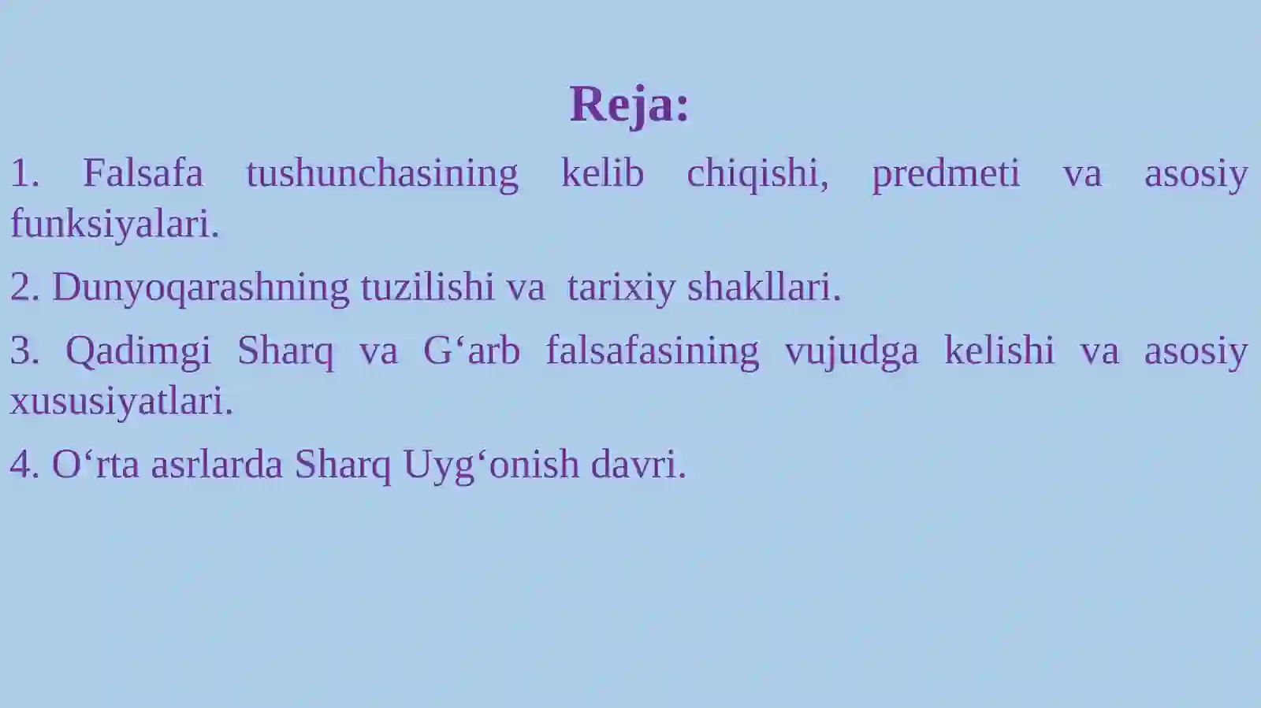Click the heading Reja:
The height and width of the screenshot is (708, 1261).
pyautogui.click(x=629, y=104)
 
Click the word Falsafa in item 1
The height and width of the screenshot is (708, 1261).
pyautogui.click(x=143, y=173)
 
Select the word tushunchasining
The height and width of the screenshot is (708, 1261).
pyautogui.click(x=381, y=173)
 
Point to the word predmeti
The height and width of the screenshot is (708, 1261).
pyautogui.click(x=945, y=173)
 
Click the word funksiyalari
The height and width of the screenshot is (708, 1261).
pyautogui.click(x=113, y=224)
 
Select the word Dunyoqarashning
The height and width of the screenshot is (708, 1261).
pyautogui.click(x=200, y=287)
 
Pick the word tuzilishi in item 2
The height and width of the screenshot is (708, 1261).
pyautogui.click(x=427, y=287)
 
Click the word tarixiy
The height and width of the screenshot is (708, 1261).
pyautogui.click(x=621, y=287)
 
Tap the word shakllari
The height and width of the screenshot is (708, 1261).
pyautogui.click(x=763, y=287)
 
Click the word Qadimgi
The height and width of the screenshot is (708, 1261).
pyautogui.click(x=138, y=351)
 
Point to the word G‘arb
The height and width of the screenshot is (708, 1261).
pyautogui.click(x=471, y=351)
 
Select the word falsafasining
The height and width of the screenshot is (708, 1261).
pyautogui.click(x=652, y=351)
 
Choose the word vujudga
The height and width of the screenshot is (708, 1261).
pyautogui.click(x=851, y=351)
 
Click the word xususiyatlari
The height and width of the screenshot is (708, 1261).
pyautogui.click(x=121, y=402)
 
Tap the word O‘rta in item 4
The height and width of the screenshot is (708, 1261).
pyautogui.click(x=95, y=465)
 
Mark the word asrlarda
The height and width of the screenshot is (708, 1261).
pyautogui.click(x=216, y=465)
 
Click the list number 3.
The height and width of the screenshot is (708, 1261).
pyautogui.click(x=24, y=351)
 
